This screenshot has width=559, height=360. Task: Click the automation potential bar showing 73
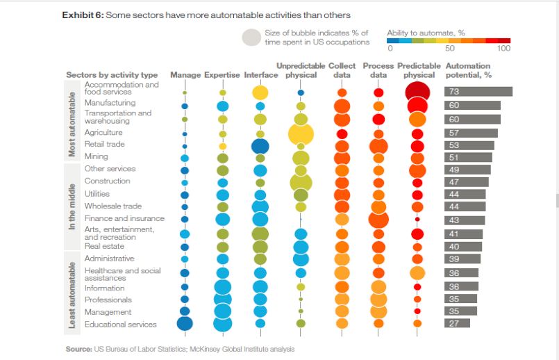point(478,92)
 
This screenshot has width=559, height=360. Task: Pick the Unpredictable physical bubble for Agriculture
point(301,133)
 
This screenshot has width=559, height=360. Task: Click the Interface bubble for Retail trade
point(260,146)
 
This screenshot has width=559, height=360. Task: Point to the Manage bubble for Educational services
point(185,323)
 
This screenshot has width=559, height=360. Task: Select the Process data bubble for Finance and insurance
point(378,220)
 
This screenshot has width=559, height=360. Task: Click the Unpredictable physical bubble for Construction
point(301,182)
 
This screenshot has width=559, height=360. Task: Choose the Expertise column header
point(222,75)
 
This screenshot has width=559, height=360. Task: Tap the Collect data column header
point(342,70)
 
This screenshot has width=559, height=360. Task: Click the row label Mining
point(96,156)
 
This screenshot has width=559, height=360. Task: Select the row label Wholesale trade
point(112,206)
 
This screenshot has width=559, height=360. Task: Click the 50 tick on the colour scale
point(450,49)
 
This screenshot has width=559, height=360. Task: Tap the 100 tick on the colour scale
point(504,49)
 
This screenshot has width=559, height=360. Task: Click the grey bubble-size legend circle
point(251,38)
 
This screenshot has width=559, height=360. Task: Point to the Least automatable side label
point(72,295)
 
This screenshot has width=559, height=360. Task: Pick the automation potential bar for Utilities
point(465,194)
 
